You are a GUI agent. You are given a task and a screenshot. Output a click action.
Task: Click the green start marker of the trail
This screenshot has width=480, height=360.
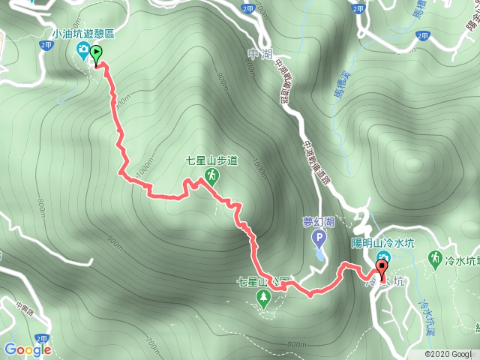point(96,54)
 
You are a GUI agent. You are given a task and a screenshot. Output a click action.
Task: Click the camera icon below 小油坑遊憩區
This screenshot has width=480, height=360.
point(83,50)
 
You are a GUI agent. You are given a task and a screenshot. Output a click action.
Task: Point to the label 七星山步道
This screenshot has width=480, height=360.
point(212,160)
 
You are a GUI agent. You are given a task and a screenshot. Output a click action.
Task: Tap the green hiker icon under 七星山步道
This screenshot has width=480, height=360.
point(212,175)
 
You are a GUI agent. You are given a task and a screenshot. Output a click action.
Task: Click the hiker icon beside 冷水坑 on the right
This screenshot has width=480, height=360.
point(434,258)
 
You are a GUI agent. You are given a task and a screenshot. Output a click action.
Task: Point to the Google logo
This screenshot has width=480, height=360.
point(27,349)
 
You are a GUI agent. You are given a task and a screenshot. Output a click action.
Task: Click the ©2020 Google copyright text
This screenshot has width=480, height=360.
point(448,354)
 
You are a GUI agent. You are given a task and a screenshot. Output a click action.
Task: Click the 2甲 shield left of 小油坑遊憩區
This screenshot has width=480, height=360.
point(46,46)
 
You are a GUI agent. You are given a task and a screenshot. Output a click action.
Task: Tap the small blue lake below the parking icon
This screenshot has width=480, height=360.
point(320,255)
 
